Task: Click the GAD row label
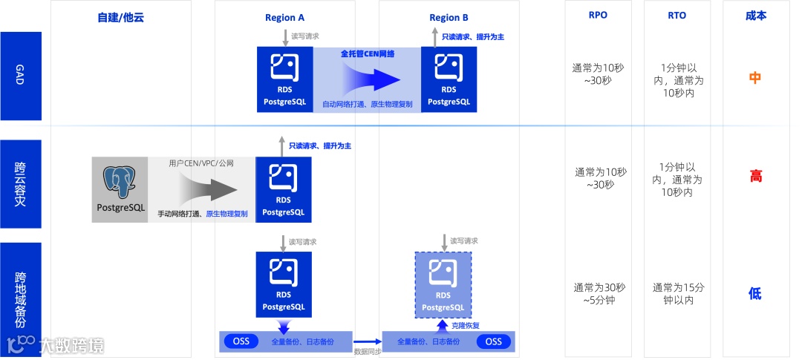point(20,76)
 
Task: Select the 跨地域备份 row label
point(20,299)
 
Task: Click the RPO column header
point(597,15)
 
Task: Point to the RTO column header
point(677,15)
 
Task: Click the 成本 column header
point(755,15)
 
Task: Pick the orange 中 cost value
point(755,78)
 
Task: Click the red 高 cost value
point(755,177)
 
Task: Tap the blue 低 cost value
point(755,293)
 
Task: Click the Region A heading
point(284,17)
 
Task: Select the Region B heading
point(449,17)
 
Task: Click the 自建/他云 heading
point(120,17)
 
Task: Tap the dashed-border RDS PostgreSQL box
point(443,285)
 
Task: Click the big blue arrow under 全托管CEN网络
point(371,78)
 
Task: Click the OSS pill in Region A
point(241,341)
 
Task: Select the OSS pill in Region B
point(494,341)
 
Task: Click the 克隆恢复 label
point(466,325)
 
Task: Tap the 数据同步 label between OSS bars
point(367,350)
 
